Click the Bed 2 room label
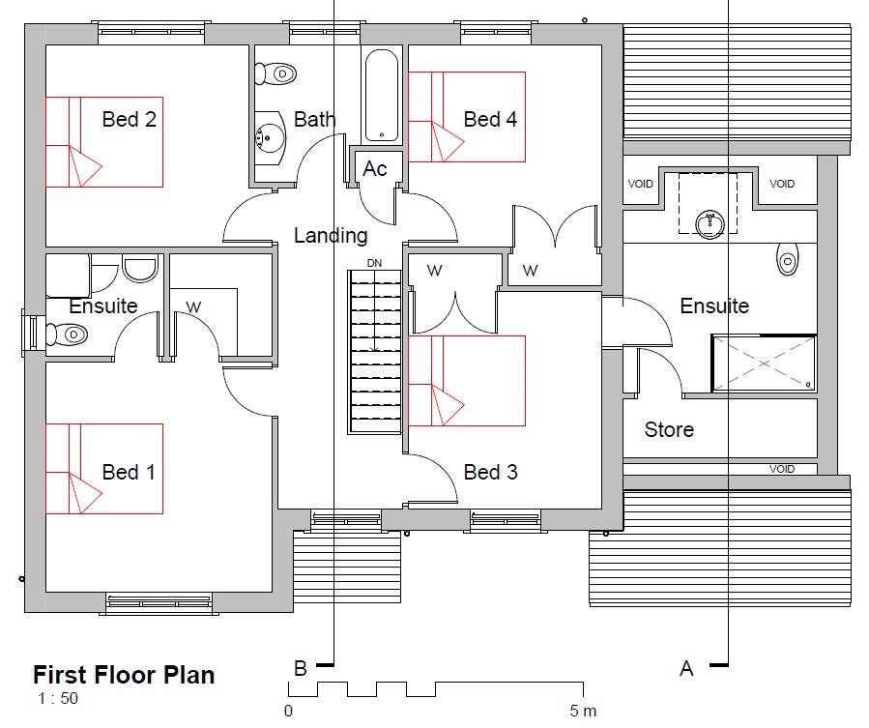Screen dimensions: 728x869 pyautogui.click(x=129, y=120)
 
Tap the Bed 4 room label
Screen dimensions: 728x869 pyautogui.click(x=490, y=120)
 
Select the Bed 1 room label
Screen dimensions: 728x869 pyautogui.click(x=129, y=472)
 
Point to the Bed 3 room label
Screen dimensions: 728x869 pyautogui.click(x=490, y=472)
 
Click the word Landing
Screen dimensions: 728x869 pyautogui.click(x=331, y=235)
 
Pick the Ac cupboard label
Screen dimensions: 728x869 pyautogui.click(x=375, y=169)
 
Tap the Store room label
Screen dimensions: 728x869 pyautogui.click(x=669, y=429)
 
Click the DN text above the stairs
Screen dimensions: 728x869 pyautogui.click(x=375, y=263)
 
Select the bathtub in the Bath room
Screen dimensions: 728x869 pyautogui.click(x=381, y=95)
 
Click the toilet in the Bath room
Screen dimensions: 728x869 pyautogui.click(x=277, y=73)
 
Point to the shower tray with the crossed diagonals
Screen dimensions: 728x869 pyautogui.click(x=764, y=364)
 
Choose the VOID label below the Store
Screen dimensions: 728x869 pyautogui.click(x=781, y=469)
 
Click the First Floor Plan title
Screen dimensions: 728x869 pyautogui.click(x=124, y=674)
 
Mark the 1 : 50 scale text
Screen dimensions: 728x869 pyautogui.click(x=58, y=699)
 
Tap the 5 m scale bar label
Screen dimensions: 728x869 pyautogui.click(x=583, y=712)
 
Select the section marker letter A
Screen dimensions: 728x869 pyautogui.click(x=686, y=668)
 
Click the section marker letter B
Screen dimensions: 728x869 pyautogui.click(x=301, y=668)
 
